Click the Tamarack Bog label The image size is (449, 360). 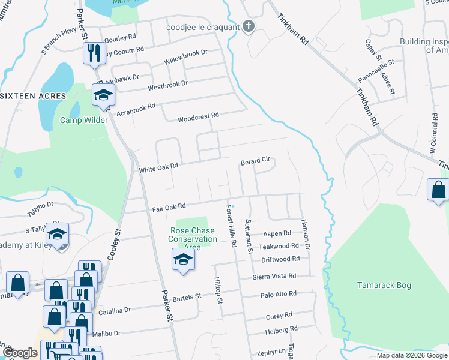(x=384, y=285)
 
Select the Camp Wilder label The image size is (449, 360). (x=84, y=120)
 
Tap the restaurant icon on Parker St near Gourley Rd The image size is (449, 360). (x=93, y=53)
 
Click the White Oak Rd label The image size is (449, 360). (x=159, y=169)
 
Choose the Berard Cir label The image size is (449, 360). (x=255, y=161)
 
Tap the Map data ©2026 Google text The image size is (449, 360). (x=411, y=355)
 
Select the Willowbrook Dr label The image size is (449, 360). (x=185, y=56)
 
